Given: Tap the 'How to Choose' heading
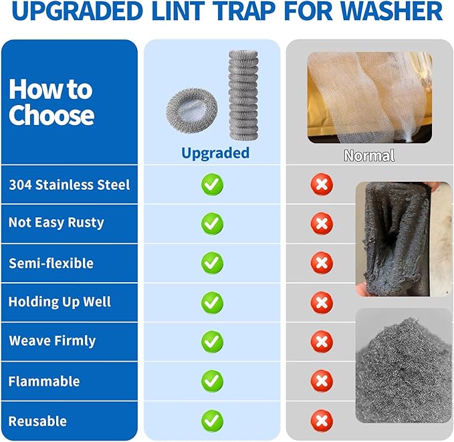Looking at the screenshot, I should (x=51, y=102).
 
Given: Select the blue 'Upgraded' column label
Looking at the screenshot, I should (x=215, y=153).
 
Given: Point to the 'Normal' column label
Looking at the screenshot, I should (x=369, y=156).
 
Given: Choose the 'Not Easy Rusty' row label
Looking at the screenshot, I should (x=56, y=223).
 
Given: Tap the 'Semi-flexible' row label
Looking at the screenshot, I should (x=51, y=263).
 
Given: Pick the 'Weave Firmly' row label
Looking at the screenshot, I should (x=52, y=341).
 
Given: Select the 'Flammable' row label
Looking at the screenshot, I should (x=44, y=381).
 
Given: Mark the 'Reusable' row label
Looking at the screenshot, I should (x=37, y=421).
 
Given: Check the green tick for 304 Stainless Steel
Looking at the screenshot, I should (x=213, y=185).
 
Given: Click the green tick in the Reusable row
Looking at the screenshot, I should (x=213, y=421).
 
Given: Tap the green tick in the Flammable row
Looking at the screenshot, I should (x=213, y=381).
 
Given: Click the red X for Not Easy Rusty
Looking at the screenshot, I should (x=322, y=223).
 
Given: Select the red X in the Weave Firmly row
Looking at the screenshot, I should (x=322, y=342).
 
